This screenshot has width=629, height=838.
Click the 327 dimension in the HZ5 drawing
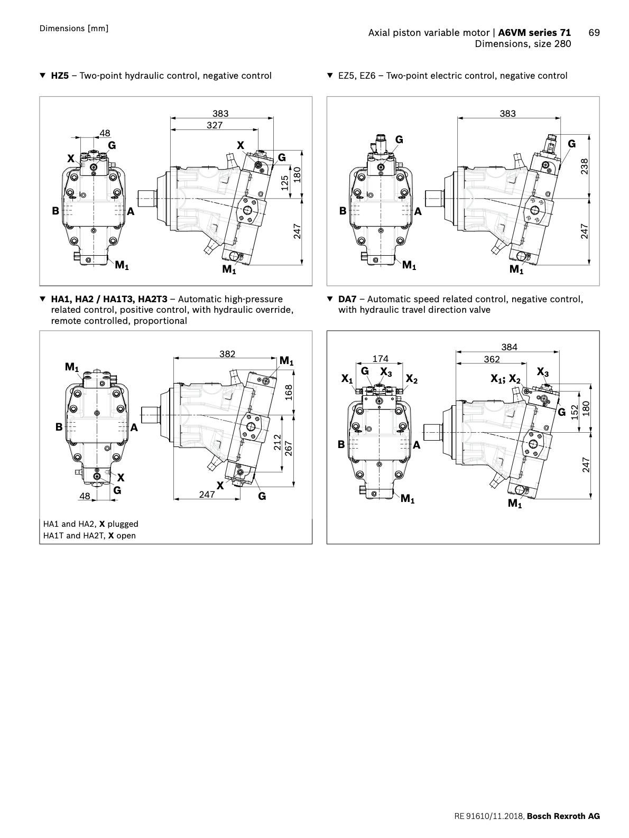[215, 125]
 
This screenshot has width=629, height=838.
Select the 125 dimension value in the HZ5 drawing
[285, 183]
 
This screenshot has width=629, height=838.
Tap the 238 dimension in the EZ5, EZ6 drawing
[584, 166]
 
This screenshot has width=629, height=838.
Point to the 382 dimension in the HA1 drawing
[227, 354]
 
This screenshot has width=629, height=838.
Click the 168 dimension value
[289, 392]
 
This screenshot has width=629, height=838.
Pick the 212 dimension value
[277, 442]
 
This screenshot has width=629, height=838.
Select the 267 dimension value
[289, 449]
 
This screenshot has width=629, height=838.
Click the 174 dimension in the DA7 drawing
[381, 359]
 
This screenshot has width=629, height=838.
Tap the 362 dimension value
[492, 359]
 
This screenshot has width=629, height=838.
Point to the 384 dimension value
[509, 347]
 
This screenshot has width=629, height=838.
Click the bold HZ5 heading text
[60, 76]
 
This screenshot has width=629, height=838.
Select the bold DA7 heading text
[347, 299]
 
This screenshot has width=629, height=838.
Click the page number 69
[594, 33]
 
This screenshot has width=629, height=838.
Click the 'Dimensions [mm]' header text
[74, 28]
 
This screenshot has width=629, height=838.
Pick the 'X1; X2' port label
[505, 379]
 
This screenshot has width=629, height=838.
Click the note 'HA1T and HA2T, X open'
[89, 535]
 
